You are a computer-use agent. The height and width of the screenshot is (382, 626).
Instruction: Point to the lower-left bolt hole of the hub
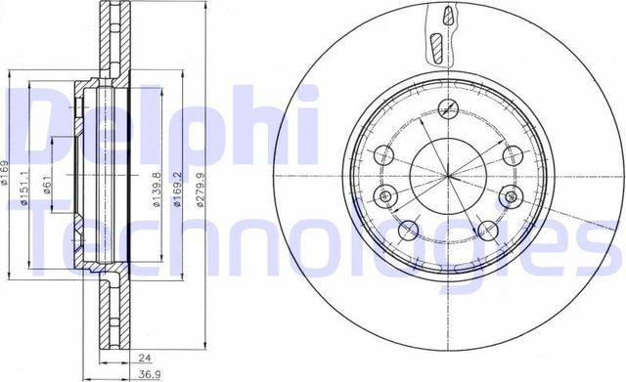[x=410, y=230]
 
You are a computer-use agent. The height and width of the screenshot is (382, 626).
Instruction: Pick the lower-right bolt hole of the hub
[x=486, y=231]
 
